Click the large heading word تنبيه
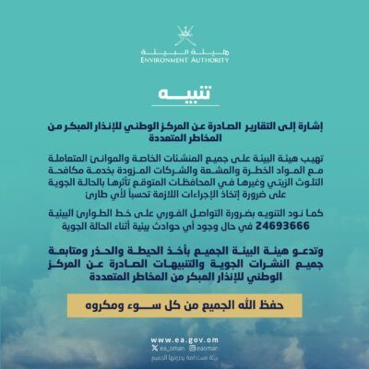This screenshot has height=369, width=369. [184, 94]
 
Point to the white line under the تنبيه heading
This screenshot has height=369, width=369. [184, 108]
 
